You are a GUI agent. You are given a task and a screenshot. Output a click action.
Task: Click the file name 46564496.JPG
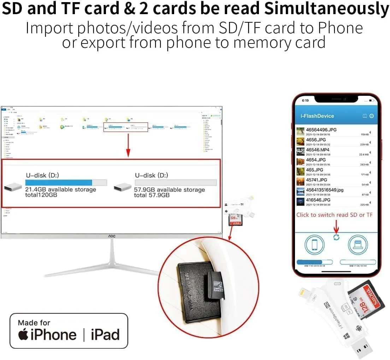click(x=321, y=130)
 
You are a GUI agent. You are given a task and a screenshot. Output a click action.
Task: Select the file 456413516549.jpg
click(x=325, y=190)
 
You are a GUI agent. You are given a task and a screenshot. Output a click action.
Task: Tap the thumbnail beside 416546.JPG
click(x=300, y=202)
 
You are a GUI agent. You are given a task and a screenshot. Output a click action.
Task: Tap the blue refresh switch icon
click(x=336, y=237)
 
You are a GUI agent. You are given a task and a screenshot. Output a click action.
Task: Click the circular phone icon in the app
click(x=314, y=244)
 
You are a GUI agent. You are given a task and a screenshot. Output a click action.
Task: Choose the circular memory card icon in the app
click(x=359, y=244)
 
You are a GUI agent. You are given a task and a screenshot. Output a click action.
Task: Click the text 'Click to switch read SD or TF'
click(x=334, y=215)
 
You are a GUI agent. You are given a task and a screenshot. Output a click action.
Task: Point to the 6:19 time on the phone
click(x=306, y=100)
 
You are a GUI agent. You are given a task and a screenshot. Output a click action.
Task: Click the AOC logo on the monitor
click(x=112, y=236)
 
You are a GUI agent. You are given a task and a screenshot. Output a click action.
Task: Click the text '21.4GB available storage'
click(x=60, y=190)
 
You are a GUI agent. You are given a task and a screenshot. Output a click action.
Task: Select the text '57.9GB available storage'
click(x=169, y=190)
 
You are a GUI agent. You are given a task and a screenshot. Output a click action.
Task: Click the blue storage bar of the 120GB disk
click(x=59, y=182)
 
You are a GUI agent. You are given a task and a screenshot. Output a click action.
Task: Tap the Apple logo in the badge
click(x=23, y=334)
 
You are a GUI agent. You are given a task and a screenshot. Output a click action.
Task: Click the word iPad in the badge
click(x=105, y=335)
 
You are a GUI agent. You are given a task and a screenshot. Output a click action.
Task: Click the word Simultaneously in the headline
click(x=327, y=9)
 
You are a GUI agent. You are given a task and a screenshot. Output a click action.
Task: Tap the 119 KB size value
click(x=365, y=135)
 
